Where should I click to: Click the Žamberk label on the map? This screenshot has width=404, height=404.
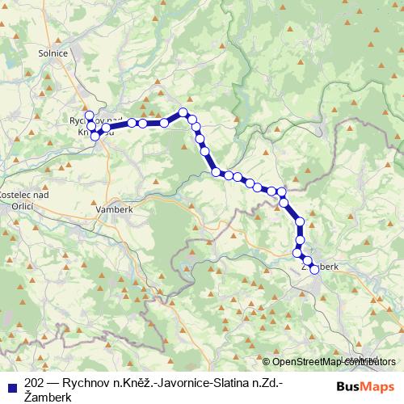pos(318,265)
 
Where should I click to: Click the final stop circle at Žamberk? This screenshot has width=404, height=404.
pos(314,270)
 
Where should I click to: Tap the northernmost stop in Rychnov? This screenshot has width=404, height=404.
pos(90,115)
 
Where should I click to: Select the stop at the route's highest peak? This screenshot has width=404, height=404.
pos(183,112)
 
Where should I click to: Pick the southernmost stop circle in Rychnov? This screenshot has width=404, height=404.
pos(95,137)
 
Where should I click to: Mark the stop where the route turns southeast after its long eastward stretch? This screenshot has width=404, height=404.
pos(183,112)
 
